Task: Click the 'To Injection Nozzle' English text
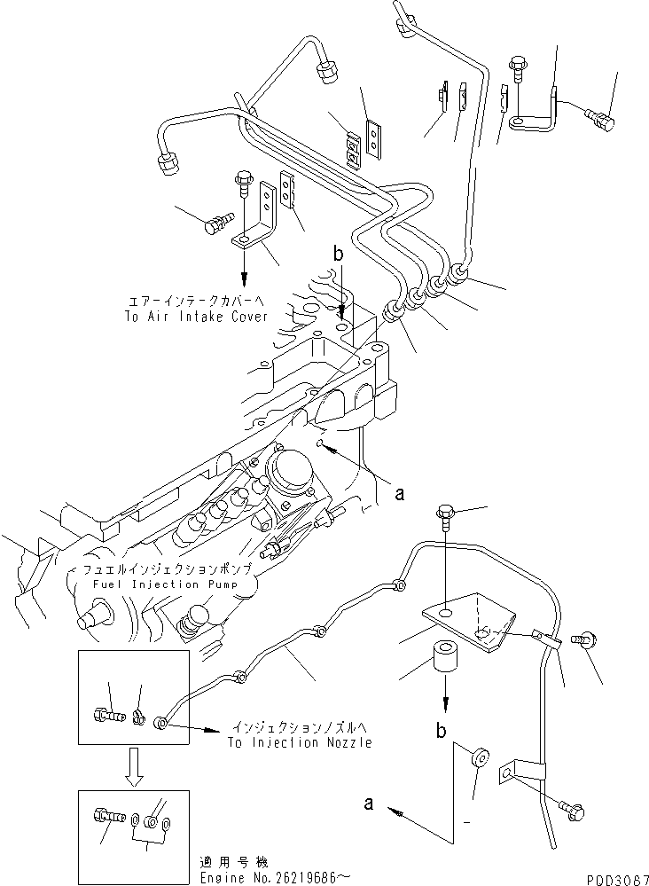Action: click(300, 742)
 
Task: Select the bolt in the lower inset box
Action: click(101, 812)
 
